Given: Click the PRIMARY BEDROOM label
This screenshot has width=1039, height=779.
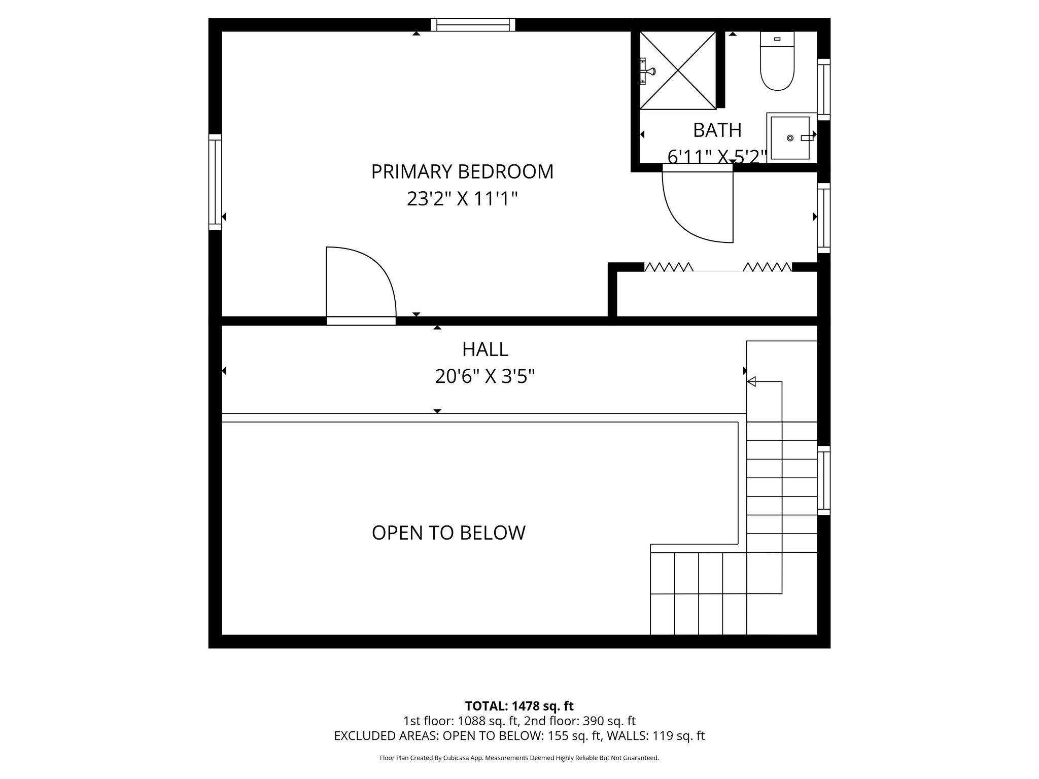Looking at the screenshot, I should tap(462, 172).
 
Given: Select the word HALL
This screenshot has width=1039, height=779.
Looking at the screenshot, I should tap(485, 349).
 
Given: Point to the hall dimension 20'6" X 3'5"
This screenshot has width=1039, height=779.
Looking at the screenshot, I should tap(485, 377).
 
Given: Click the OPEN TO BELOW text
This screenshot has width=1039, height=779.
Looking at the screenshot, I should tap(448, 533).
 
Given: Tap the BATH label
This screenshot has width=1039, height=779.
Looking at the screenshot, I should tap(717, 130).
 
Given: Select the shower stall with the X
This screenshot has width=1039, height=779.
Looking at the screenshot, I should tap(678, 70).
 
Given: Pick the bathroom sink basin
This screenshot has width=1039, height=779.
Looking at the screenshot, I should tap(790, 138).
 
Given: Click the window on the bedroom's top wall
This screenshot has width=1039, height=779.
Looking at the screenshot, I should tap(473, 25).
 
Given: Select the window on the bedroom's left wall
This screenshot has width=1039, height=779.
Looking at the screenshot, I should tap(215, 182).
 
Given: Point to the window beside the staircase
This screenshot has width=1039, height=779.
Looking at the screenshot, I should tap(824, 480).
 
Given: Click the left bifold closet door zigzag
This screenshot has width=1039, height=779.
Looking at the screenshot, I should tap(669, 267).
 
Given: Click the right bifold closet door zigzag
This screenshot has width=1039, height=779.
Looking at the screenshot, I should tap(767, 267).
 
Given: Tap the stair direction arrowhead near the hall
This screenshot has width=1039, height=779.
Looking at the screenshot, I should tap(751, 381).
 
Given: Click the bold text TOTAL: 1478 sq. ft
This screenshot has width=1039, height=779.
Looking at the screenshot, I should tap(519, 706).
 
